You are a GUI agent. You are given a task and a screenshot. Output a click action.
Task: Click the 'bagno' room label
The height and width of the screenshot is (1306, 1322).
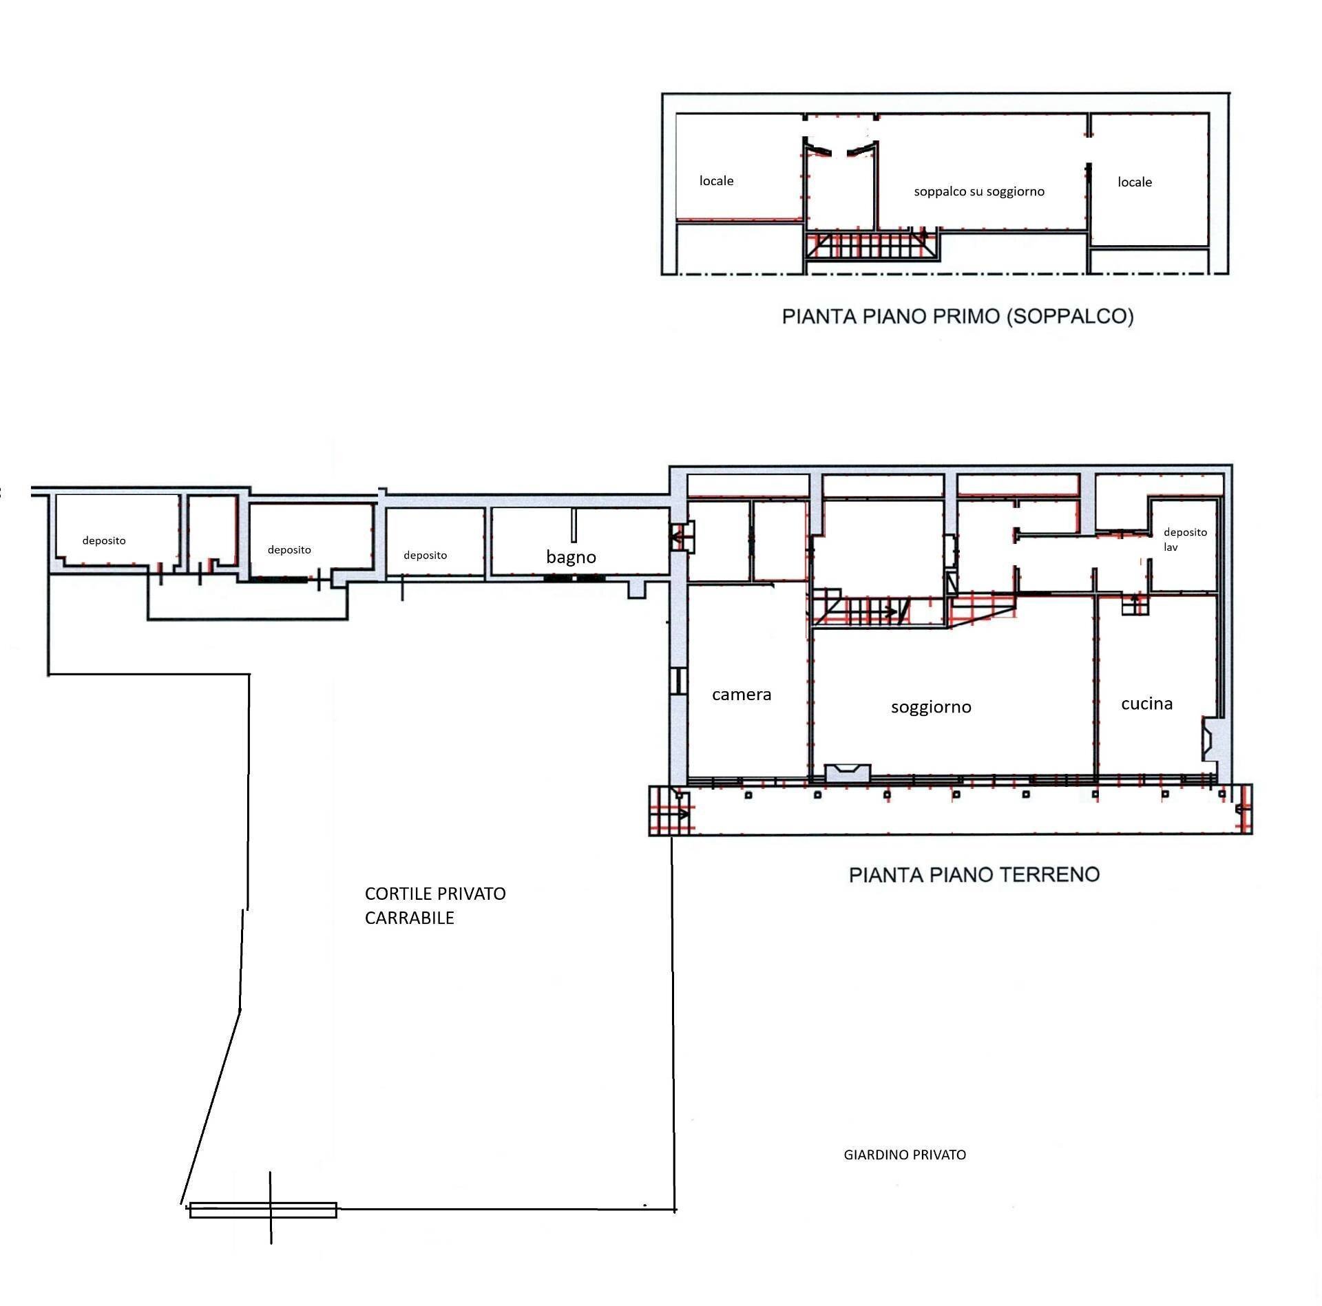pos(571,558)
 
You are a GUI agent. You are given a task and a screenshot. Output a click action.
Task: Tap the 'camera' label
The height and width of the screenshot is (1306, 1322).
pos(742,695)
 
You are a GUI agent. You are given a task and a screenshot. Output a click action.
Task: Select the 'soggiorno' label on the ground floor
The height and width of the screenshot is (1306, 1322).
pos(931,708)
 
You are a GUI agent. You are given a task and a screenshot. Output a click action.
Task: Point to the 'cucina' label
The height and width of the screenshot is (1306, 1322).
pos(1146,704)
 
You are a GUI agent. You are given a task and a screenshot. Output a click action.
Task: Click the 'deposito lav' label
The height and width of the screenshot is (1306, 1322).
pos(1185,540)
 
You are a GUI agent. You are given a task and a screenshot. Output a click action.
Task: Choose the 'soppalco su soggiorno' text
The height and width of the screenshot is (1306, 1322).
pos(979,191)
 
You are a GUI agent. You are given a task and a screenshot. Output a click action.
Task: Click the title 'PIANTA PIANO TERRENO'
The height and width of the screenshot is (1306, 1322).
pos(974,875)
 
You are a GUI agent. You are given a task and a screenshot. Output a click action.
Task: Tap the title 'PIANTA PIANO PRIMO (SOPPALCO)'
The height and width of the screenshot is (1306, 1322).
pos(958,317)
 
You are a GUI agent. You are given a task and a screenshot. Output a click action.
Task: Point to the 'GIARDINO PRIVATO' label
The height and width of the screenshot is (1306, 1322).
pos(905,1155)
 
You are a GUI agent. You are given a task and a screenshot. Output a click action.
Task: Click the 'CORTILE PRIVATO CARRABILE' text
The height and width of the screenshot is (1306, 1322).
pos(435,905)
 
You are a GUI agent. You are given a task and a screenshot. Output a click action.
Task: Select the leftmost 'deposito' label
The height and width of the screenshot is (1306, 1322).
pos(104,541)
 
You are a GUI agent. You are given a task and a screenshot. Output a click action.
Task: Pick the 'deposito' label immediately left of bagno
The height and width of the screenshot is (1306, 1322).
pos(425,556)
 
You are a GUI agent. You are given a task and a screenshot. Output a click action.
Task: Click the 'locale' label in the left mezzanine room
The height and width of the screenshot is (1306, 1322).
pos(716,181)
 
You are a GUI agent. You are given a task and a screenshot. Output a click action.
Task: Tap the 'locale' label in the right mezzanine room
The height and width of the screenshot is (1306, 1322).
pos(1135,182)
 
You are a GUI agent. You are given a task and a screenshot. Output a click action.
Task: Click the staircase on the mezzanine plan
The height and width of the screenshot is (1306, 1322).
pos(873,246)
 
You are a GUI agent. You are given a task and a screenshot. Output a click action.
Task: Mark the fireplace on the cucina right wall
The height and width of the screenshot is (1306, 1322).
pos(1210,739)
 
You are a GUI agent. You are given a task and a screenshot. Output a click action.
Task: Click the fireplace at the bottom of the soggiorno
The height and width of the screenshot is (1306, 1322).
pos(848,772)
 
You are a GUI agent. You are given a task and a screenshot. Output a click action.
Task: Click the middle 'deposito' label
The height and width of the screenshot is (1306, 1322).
pos(289,550)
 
